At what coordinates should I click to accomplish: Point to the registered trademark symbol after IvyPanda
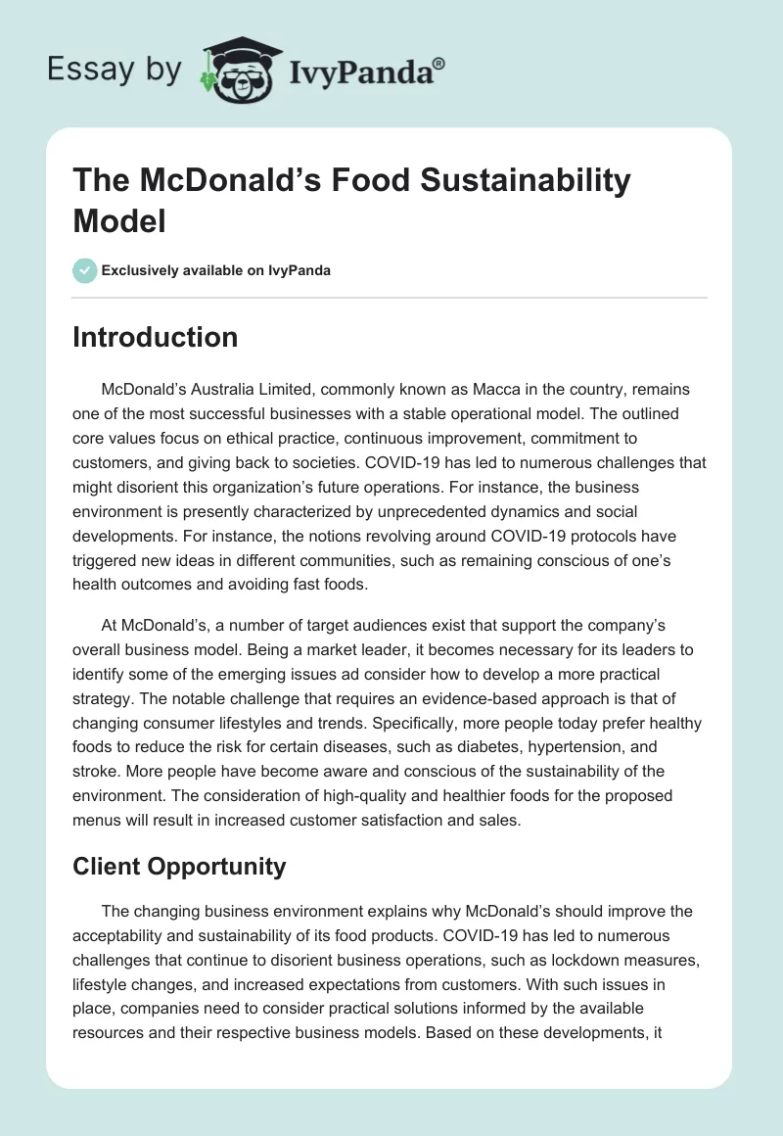(x=439, y=63)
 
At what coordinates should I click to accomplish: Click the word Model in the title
(x=119, y=220)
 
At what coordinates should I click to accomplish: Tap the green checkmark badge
(x=85, y=270)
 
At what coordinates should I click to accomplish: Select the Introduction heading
(x=156, y=337)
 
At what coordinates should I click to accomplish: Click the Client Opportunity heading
(x=179, y=866)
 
